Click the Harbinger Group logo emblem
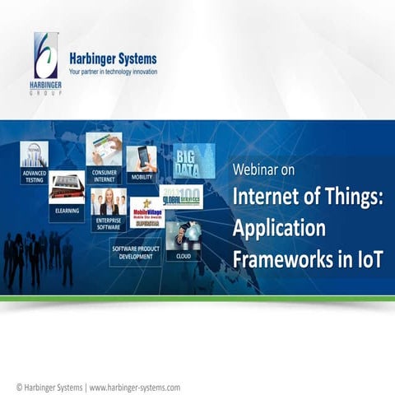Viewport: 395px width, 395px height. coord(46,56)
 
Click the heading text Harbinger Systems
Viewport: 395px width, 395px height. coord(113,58)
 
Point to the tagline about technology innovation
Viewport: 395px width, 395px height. coord(113,72)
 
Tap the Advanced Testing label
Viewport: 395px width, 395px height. coord(35,176)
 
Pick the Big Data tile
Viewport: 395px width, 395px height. coord(193,160)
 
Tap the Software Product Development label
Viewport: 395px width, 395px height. coord(136,250)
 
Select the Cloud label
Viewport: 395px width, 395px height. coord(182,256)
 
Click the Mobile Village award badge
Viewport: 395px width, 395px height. coord(147,212)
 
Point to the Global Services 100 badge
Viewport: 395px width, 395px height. coord(182,197)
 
